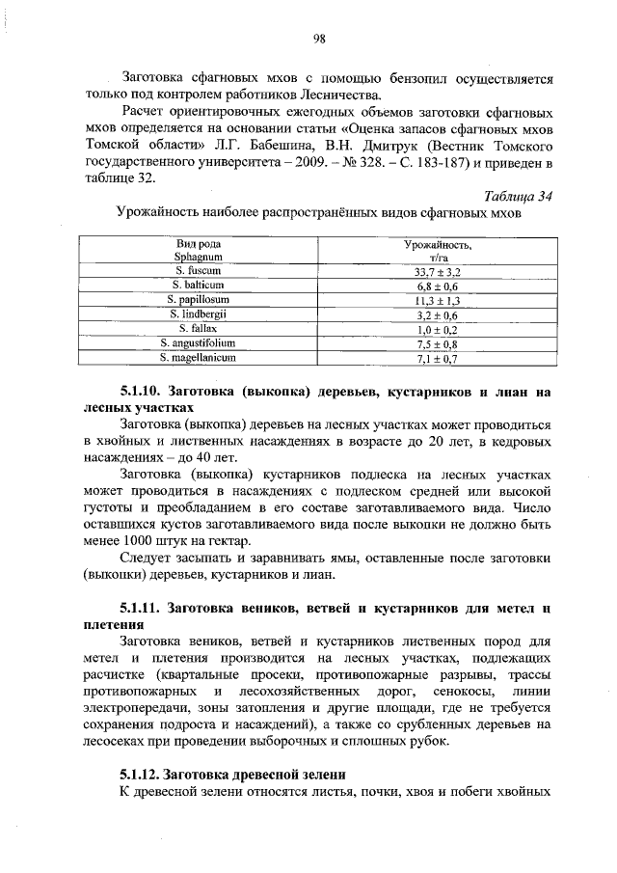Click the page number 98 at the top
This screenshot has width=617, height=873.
point(320,39)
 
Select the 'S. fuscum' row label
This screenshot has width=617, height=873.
point(199,272)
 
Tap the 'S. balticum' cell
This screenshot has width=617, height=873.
point(199,286)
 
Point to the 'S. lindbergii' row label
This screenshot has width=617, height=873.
point(199,314)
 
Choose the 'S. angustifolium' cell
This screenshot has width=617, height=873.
point(199,343)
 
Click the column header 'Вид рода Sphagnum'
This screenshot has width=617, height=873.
point(199,252)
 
